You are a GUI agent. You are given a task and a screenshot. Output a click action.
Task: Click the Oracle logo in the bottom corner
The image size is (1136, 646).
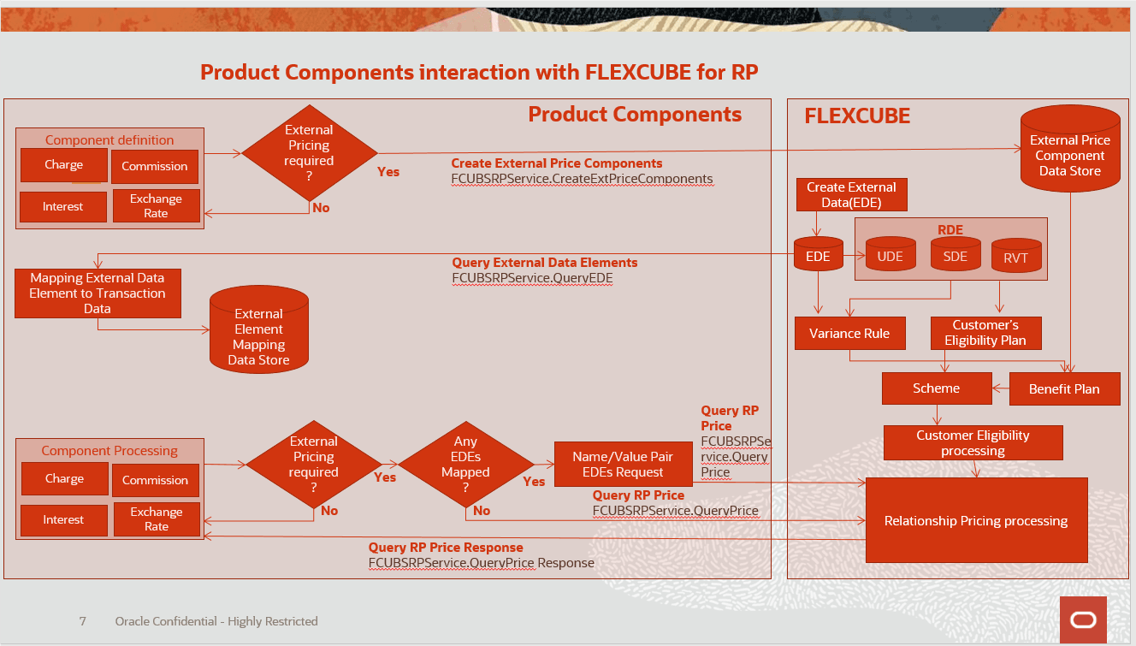[x=1083, y=620]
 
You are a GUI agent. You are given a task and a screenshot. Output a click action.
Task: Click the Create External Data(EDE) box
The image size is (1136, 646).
[x=851, y=195]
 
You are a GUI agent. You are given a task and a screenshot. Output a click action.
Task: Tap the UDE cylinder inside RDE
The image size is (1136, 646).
[x=890, y=256]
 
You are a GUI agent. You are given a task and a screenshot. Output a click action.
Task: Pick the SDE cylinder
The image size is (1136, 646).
[x=955, y=256]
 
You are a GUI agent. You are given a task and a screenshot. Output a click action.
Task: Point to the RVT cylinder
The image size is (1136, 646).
[x=1016, y=258]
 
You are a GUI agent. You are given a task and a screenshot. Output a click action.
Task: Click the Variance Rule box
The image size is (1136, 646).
[x=849, y=334]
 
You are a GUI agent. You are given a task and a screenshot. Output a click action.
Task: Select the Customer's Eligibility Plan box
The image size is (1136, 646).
[x=985, y=333]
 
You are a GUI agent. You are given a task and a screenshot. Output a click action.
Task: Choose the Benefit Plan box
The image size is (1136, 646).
[x=1064, y=388]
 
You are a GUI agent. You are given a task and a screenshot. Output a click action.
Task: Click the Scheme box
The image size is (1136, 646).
[x=936, y=388]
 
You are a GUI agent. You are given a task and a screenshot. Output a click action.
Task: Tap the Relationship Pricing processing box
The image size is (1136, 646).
[x=976, y=520]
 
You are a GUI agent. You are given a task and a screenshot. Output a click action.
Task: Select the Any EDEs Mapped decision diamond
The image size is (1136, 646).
[x=465, y=465]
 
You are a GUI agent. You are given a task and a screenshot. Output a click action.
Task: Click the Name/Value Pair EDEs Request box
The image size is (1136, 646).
[x=623, y=465]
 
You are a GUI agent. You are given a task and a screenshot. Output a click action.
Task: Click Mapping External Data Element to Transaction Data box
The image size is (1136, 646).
[x=98, y=293]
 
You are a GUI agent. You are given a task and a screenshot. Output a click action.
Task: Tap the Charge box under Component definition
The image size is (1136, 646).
[x=64, y=165]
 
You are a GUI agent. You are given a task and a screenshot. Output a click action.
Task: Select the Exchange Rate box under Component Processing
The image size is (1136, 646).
[x=156, y=519]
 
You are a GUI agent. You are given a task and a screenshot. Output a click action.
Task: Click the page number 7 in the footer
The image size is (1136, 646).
[x=82, y=621]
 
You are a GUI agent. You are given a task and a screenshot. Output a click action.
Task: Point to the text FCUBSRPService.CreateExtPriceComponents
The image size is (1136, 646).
[x=582, y=179]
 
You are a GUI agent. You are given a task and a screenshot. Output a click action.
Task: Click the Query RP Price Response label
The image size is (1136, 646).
[x=446, y=548]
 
